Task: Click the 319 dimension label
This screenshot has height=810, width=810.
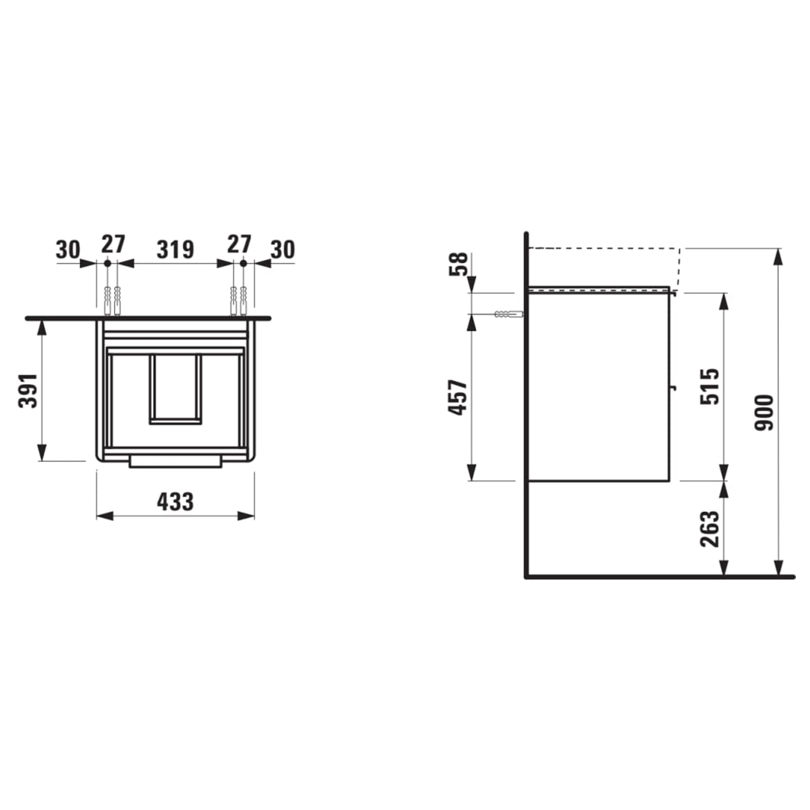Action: tap(175, 249)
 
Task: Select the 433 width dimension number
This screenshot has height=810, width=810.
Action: tap(175, 501)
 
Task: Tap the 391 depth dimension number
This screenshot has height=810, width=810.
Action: tap(29, 391)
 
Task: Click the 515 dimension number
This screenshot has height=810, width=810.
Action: tap(710, 386)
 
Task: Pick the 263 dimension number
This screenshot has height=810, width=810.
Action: tap(710, 529)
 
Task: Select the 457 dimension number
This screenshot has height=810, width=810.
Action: tap(457, 397)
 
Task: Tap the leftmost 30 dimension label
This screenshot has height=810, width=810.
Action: tap(68, 250)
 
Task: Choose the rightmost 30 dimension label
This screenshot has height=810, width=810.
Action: tap(283, 250)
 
